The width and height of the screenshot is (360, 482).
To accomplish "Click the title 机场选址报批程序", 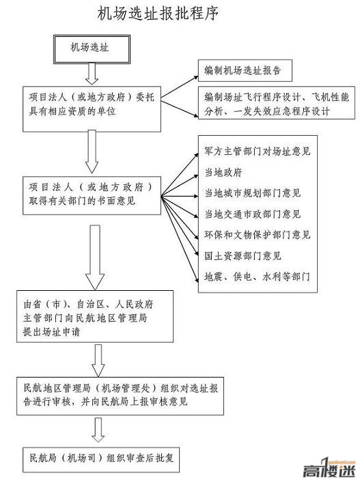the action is point(158,14).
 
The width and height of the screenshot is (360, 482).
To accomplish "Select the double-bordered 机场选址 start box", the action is point(92,49).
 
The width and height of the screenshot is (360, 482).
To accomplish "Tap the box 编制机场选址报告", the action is point(245,71).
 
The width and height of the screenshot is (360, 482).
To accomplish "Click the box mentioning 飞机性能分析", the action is point(276,103).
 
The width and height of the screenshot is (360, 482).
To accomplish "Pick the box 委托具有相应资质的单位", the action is point(92,109).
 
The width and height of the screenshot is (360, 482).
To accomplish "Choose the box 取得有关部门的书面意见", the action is point(92,195).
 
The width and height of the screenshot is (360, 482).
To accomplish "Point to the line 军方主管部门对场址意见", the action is point(258,152).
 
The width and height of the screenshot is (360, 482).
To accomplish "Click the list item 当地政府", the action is point(223,172).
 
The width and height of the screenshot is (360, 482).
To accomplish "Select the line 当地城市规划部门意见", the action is point(253,193).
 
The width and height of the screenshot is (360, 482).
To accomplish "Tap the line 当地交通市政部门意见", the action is point(253,214).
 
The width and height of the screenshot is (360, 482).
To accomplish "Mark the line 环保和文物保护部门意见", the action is point(258,235).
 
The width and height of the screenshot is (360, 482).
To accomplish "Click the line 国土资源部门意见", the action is point(243,256).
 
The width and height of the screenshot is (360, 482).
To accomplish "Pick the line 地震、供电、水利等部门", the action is point(258,277).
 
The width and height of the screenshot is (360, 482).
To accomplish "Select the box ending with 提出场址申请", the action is point(95,316).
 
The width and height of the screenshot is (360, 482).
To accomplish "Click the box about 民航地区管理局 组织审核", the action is point(120,396).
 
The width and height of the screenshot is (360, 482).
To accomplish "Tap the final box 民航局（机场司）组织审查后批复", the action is point(101,459).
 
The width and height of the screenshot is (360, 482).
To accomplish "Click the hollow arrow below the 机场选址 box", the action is point(92,74).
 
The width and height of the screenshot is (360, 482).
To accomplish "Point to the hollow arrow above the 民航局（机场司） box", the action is point(98,429).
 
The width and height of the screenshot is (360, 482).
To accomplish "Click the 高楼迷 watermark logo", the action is point(329,468).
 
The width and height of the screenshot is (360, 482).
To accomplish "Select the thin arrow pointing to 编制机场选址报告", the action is point(180,87).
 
